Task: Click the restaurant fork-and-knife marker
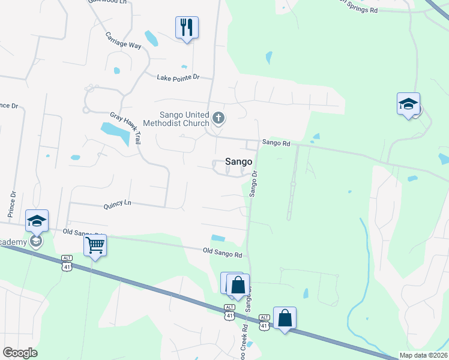tap(187, 28)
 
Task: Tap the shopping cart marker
tap(95, 245)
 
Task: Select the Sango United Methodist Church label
tap(184, 119)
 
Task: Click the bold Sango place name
tap(238, 161)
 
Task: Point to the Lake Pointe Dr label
tap(178, 77)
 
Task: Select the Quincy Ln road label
tap(117, 203)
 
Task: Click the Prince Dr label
tap(11, 203)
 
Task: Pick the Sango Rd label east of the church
tap(276, 143)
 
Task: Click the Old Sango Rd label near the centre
tap(222, 254)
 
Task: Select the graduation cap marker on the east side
tap(408, 104)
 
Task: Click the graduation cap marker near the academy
tap(37, 221)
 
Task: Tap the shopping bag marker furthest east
tap(285, 318)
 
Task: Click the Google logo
tap(20, 353)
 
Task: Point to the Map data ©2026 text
tap(422, 355)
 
